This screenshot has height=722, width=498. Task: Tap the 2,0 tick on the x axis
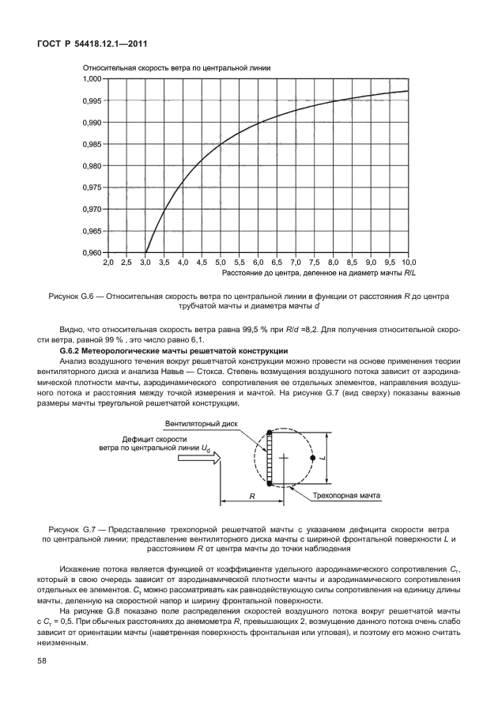tap(108, 262)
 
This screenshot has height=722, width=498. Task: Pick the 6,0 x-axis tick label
tap(258, 262)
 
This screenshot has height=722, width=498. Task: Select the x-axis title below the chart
tap(319, 273)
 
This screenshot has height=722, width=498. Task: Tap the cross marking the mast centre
tap(284, 458)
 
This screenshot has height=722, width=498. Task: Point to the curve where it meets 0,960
tap(145, 252)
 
